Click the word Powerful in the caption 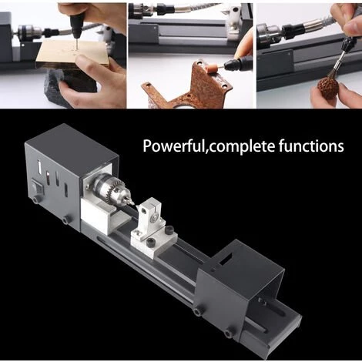tap(172, 146)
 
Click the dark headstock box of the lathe tap(58, 177)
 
